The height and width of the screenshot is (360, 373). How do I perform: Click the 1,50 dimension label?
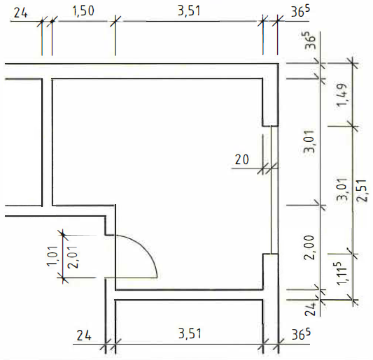click(83, 11)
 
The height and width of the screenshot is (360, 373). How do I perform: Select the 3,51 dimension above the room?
click(189, 11)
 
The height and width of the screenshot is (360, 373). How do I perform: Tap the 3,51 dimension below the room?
click(190, 333)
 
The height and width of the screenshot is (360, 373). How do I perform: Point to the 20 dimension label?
click(241, 159)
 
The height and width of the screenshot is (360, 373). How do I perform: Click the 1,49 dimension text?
click(343, 95)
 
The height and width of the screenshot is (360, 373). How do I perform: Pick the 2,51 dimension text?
click(362, 191)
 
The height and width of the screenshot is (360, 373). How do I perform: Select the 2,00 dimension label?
click(310, 247)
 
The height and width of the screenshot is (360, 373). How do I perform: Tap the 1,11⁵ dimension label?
click(342, 273)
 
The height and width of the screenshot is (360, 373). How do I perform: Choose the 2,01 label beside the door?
click(73, 257)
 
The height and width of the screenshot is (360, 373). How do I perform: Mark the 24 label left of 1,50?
click(21, 13)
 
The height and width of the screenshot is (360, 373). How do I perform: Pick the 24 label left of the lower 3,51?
click(84, 336)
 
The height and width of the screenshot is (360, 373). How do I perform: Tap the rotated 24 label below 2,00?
click(311, 309)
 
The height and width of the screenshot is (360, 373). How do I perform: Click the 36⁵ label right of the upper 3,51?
click(301, 11)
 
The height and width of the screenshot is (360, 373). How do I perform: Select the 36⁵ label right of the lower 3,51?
click(301, 334)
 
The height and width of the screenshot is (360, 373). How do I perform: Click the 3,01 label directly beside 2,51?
click(343, 189)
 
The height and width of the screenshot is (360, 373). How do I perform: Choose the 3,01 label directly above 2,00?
click(310, 141)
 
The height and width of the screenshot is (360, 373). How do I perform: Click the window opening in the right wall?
click(274, 189)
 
